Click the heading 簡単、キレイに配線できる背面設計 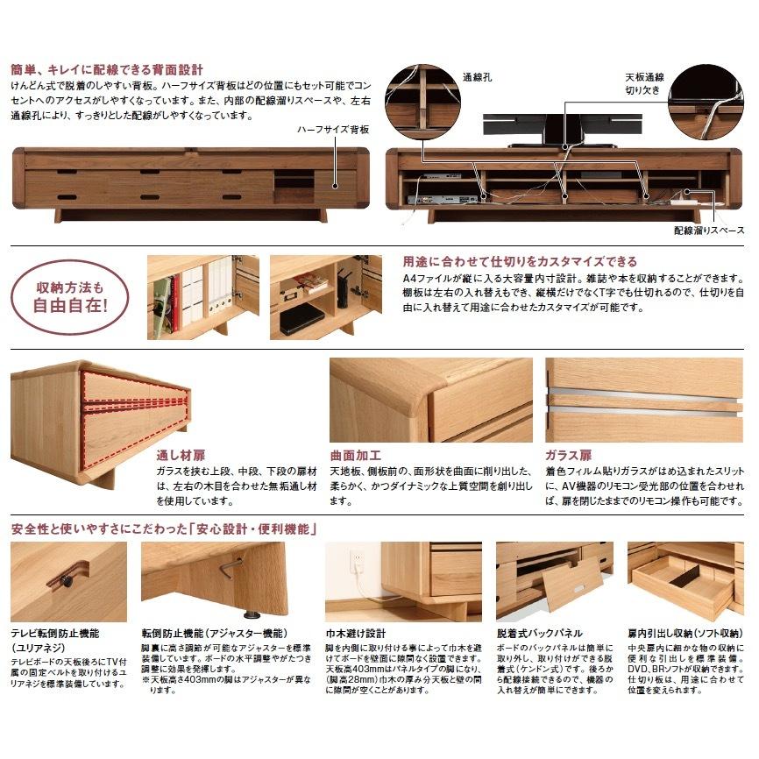point(107,68)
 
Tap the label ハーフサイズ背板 point(334,129)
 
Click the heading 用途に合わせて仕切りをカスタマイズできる point(520,261)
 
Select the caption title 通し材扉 point(181,457)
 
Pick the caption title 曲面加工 point(355,457)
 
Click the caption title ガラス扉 point(568,457)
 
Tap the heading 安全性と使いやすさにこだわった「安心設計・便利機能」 point(165,528)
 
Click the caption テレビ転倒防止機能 point(54,633)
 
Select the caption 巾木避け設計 point(355,633)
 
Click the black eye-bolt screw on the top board point(66,581)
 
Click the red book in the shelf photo point(174,301)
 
